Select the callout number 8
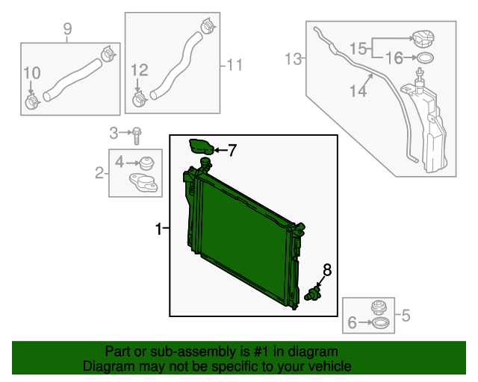(x=326, y=269)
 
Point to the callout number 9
(x=67, y=29)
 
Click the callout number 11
(x=235, y=65)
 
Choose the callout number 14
(x=358, y=91)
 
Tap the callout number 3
(x=114, y=134)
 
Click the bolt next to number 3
(x=138, y=135)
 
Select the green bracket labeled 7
(x=201, y=146)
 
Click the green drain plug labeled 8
(x=314, y=293)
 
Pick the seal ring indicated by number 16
(x=423, y=57)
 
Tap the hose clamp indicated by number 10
(x=31, y=101)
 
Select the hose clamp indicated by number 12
(x=139, y=98)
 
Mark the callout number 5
(x=406, y=316)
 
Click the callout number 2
(x=99, y=174)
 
